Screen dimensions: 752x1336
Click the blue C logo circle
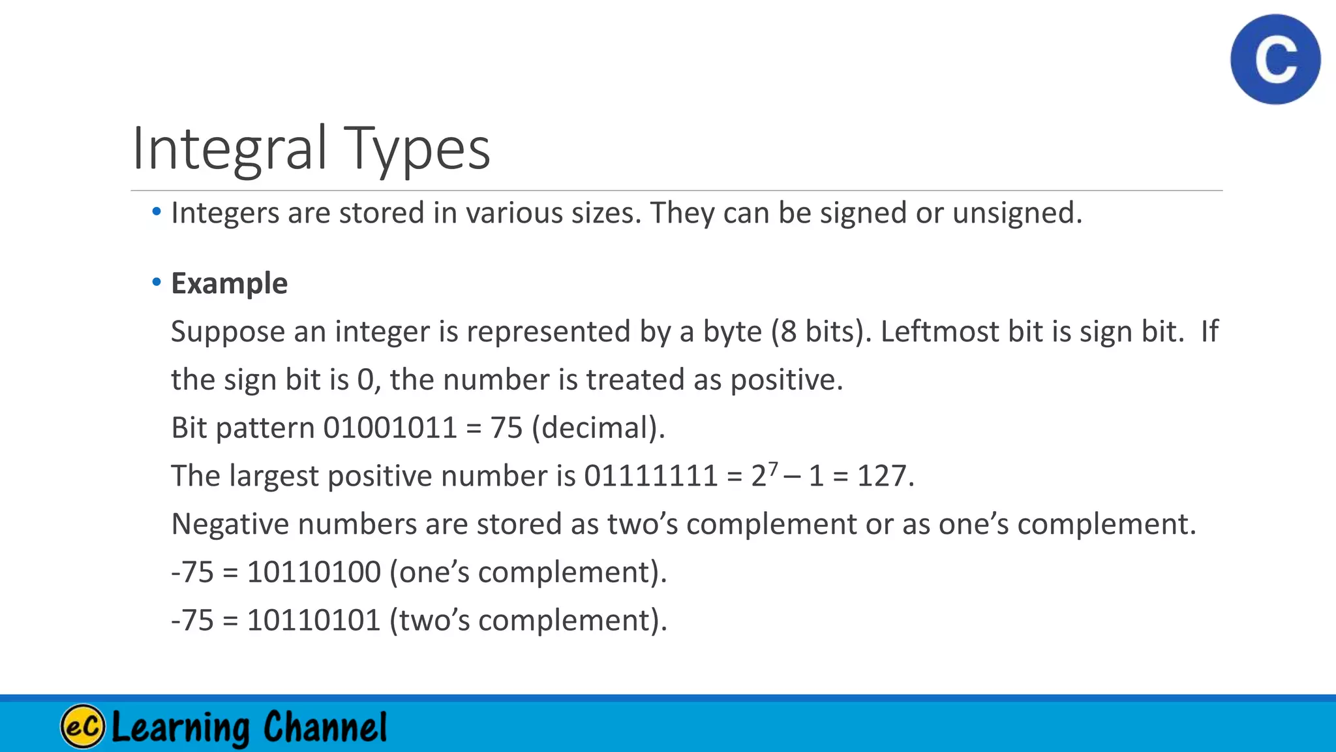pos(1275,59)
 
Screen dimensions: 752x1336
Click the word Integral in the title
pos(228,148)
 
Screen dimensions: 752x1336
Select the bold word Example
pos(229,284)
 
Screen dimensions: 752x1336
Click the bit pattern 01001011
pos(389,428)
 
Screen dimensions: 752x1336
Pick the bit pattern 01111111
pos(650,476)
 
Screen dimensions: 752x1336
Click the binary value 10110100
pos(314,572)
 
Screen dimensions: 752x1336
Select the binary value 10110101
pos(314,620)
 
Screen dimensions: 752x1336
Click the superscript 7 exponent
pos(773,468)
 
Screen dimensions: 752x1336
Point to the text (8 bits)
pos(821,332)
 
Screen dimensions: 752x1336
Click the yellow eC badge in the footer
pos(83,726)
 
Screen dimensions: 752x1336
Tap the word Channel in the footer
pos(325,727)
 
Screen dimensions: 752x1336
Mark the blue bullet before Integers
pos(157,212)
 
